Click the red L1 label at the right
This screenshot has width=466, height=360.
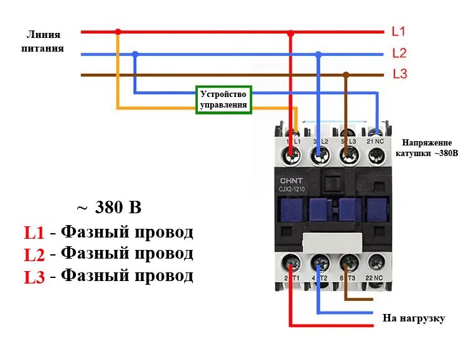point(398,31)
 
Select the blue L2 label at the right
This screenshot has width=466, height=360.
point(399,53)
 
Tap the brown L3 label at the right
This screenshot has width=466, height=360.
point(399,74)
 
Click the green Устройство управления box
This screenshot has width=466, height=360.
point(224,99)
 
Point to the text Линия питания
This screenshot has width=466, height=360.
point(45,41)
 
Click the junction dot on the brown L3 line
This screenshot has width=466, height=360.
point(347,75)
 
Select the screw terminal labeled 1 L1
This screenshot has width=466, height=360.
point(291,156)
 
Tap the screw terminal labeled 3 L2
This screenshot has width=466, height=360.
point(320,156)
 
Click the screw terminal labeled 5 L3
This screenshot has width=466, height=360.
point(347,156)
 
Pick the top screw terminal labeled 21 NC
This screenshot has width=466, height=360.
point(375,156)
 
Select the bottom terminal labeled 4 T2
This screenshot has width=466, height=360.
point(320,262)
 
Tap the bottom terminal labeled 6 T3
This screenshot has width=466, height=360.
point(348,262)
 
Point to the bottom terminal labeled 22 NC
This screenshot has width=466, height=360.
point(376,262)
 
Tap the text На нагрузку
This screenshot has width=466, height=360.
point(414,318)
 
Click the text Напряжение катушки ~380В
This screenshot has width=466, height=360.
point(429,147)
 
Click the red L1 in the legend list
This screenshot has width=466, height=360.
point(34,233)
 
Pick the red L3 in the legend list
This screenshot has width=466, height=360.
point(34,277)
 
